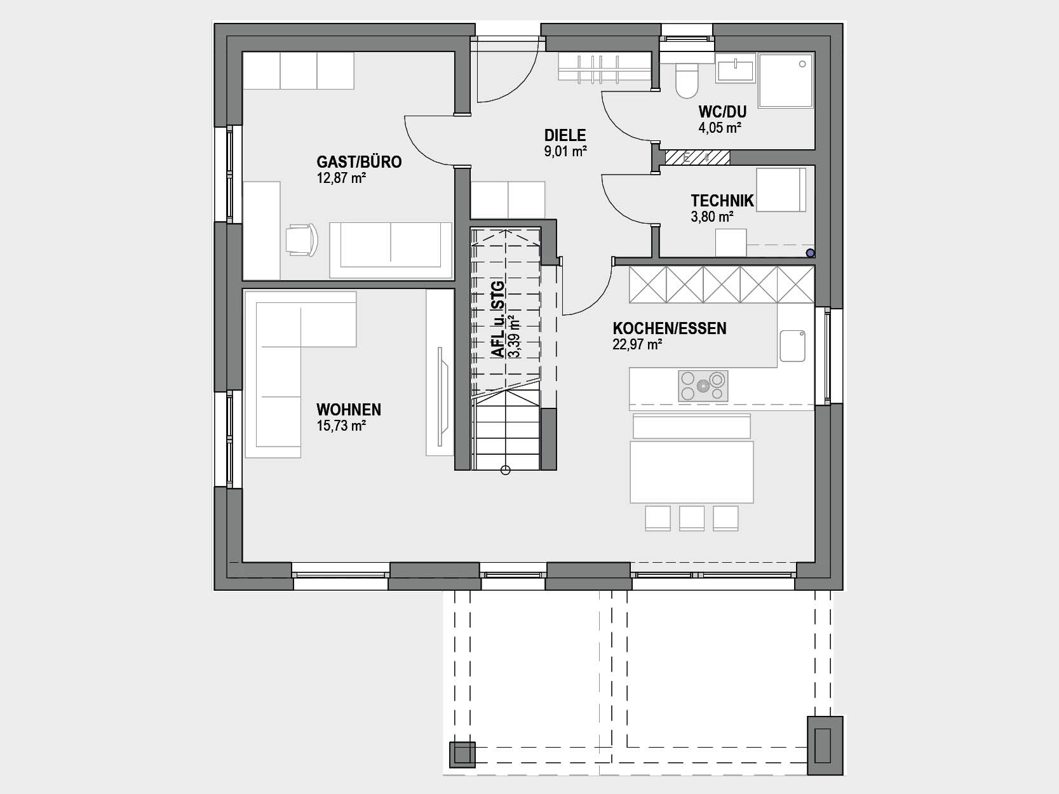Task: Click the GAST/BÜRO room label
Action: pyautogui.click(x=359, y=161)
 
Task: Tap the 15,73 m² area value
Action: pyautogui.click(x=341, y=426)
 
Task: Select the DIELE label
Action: pyautogui.click(x=565, y=135)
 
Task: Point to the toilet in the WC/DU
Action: pyautogui.click(x=687, y=81)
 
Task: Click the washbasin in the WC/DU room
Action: pyautogui.click(x=735, y=69)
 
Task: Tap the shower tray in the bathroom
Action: pyautogui.click(x=785, y=80)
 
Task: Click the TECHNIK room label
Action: pyautogui.click(x=722, y=201)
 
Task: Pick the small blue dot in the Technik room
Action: pyautogui.click(x=811, y=253)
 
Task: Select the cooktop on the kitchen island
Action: pyautogui.click(x=703, y=386)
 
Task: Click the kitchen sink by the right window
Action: pyautogui.click(x=792, y=346)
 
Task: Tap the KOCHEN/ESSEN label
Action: pyautogui.click(x=669, y=328)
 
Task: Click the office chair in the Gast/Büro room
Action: pyautogui.click(x=302, y=239)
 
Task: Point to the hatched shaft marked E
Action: pyautogui.click(x=697, y=158)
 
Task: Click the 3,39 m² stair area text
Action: pyautogui.click(x=515, y=336)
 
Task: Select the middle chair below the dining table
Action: pyautogui.click(x=691, y=518)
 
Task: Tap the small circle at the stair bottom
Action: pyautogui.click(x=505, y=470)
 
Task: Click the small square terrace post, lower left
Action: pyautogui.click(x=462, y=755)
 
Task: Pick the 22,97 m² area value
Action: pyautogui.click(x=637, y=345)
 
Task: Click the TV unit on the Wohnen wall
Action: pyautogui.click(x=440, y=372)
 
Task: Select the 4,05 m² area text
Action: pyautogui.click(x=720, y=128)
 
